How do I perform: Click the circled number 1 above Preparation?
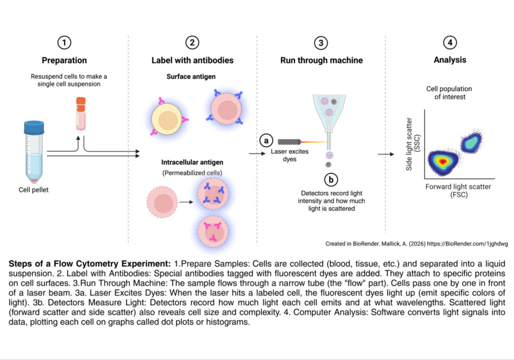(x=64, y=43)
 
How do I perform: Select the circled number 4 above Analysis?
(x=450, y=43)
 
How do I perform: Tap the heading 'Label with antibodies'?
(x=192, y=60)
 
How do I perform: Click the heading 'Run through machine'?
(x=321, y=60)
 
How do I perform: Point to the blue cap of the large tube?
(x=34, y=127)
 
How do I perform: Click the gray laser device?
(x=290, y=142)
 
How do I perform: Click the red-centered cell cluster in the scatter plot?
(x=442, y=161)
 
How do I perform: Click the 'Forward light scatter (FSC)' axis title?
(x=458, y=190)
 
